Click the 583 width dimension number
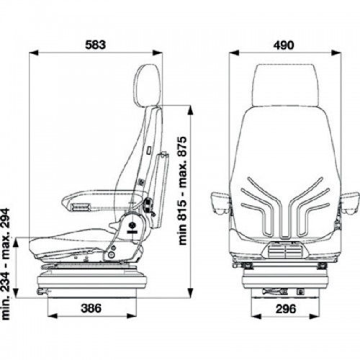coord(95,45)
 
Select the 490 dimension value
coord(284,45)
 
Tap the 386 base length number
coord(91,308)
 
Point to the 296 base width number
coord(286,309)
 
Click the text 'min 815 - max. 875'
coord(182,191)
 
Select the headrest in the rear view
coord(285,85)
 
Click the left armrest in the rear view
coord(220,203)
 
